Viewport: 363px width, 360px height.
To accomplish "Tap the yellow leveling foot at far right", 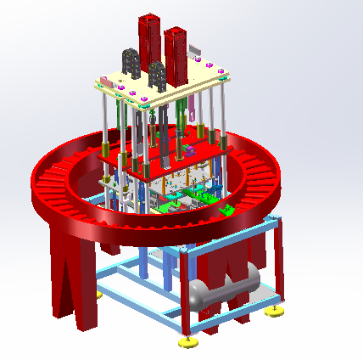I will point(276,312).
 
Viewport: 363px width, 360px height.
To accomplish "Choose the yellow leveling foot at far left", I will point(98,294).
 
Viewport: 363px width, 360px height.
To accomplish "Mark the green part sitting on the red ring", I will point(227,209).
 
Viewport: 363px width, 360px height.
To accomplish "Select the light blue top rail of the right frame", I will point(234,232).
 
